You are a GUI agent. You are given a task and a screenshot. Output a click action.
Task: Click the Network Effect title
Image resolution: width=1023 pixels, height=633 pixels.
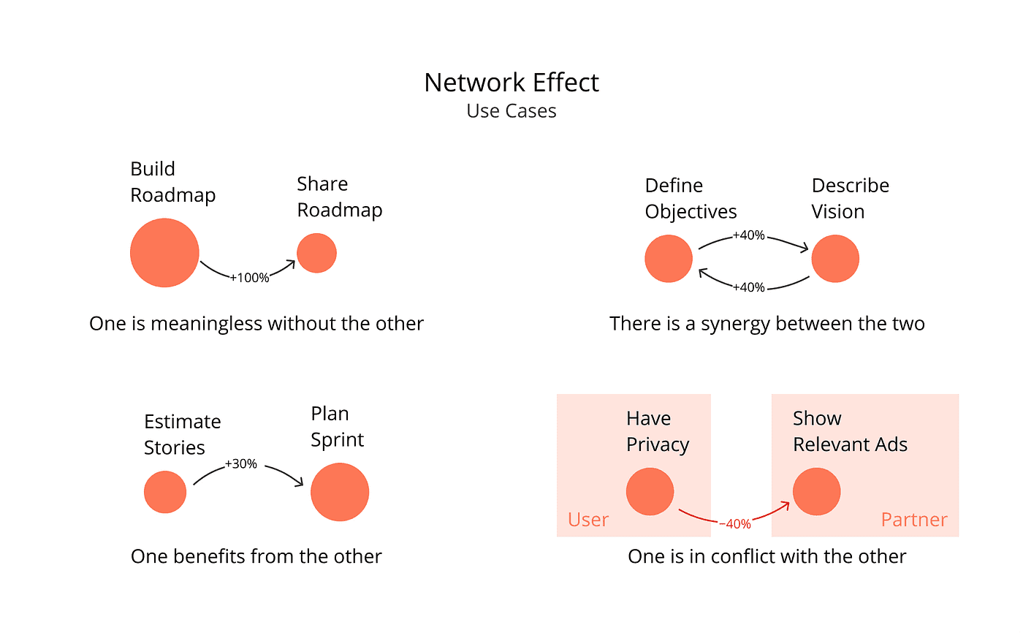pos(512,83)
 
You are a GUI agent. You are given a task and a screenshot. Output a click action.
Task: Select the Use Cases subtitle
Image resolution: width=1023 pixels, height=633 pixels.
pos(512,111)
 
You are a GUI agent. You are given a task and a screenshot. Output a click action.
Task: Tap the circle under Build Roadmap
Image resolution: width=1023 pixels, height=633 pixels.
pos(164,253)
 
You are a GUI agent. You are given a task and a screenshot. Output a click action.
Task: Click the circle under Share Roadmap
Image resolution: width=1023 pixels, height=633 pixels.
pos(316,253)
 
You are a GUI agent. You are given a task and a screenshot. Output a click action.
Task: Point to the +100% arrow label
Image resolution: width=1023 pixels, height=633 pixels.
pos(249,278)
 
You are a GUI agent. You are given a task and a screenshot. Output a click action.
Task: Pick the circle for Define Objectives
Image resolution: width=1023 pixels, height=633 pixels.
pos(669,259)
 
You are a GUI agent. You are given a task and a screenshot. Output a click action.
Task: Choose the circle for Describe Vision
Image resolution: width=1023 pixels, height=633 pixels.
pos(835,259)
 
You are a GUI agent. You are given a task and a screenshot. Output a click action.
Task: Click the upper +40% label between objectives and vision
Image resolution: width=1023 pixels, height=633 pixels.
pos(748,235)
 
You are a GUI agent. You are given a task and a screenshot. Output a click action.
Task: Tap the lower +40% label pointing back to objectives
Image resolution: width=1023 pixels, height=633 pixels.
pos(748,287)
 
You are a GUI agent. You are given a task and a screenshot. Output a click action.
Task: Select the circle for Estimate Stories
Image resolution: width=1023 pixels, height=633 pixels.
pos(165,492)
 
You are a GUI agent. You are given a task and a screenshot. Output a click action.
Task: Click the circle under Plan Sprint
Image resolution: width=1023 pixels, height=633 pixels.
pos(340,492)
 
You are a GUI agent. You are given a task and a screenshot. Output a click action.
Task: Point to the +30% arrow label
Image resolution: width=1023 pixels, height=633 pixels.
pos(240,463)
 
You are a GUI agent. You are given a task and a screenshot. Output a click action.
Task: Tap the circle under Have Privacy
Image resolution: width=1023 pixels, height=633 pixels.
pos(650,492)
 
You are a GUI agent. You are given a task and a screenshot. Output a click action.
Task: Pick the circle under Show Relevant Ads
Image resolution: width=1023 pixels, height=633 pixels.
pos(816,492)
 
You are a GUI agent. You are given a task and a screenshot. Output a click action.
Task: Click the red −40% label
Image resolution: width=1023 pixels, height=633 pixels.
pos(734,524)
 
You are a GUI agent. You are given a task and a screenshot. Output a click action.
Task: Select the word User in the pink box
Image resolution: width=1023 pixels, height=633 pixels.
pos(587,520)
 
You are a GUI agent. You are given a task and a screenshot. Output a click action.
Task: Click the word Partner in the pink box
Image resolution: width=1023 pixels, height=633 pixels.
pos(913,520)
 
